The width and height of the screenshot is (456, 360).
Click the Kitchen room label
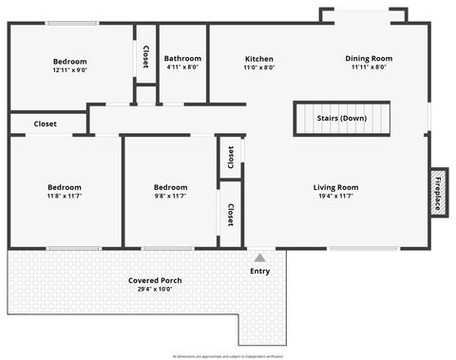click(258, 59)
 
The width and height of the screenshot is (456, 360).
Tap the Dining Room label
click(368, 59)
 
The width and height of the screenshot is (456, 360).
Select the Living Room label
click(335, 187)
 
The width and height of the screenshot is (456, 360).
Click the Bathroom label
click(182, 59)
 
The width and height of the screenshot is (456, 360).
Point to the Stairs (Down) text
click(341, 119)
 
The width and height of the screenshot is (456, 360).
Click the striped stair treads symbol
click(341, 119)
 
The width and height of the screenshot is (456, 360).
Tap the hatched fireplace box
click(438, 193)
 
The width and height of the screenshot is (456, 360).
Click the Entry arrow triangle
click(259, 257)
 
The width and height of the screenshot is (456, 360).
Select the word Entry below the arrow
click(259, 272)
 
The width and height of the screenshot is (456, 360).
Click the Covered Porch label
click(155, 280)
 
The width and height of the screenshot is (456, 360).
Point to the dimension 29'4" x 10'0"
click(155, 290)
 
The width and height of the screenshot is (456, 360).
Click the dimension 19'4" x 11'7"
click(335, 197)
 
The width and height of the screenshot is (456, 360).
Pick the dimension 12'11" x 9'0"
click(68, 70)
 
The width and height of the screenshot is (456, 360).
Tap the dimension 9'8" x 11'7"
click(170, 197)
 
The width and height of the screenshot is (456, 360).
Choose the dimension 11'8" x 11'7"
click(64, 197)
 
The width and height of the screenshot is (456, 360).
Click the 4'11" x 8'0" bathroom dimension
click(182, 67)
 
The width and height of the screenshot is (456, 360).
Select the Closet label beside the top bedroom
click(145, 57)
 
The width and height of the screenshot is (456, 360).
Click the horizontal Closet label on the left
click(45, 123)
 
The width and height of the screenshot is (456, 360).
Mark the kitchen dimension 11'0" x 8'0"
click(258, 67)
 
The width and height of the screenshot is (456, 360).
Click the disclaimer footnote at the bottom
click(228, 355)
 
